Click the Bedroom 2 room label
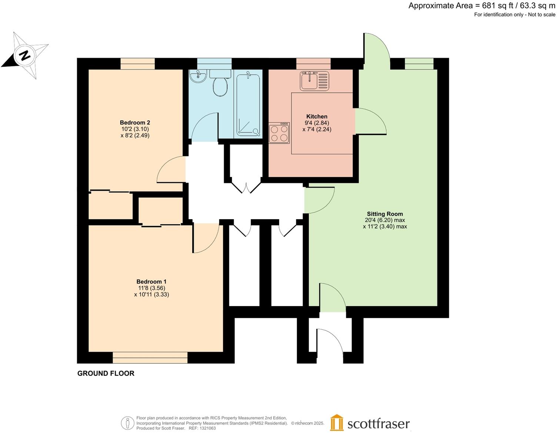[135, 123]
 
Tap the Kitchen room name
[317, 116]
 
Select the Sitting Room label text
[385, 214]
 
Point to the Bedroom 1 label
[151, 282]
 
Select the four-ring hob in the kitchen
[279, 133]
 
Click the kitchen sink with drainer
[314, 81]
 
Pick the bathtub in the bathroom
[249, 104]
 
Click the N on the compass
[25, 56]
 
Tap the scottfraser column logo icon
[337, 423]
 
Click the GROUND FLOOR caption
[106, 373]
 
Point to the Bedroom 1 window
[150, 358]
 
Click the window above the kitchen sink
[313, 64]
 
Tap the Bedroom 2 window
[137, 64]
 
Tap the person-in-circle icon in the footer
[127, 423]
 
